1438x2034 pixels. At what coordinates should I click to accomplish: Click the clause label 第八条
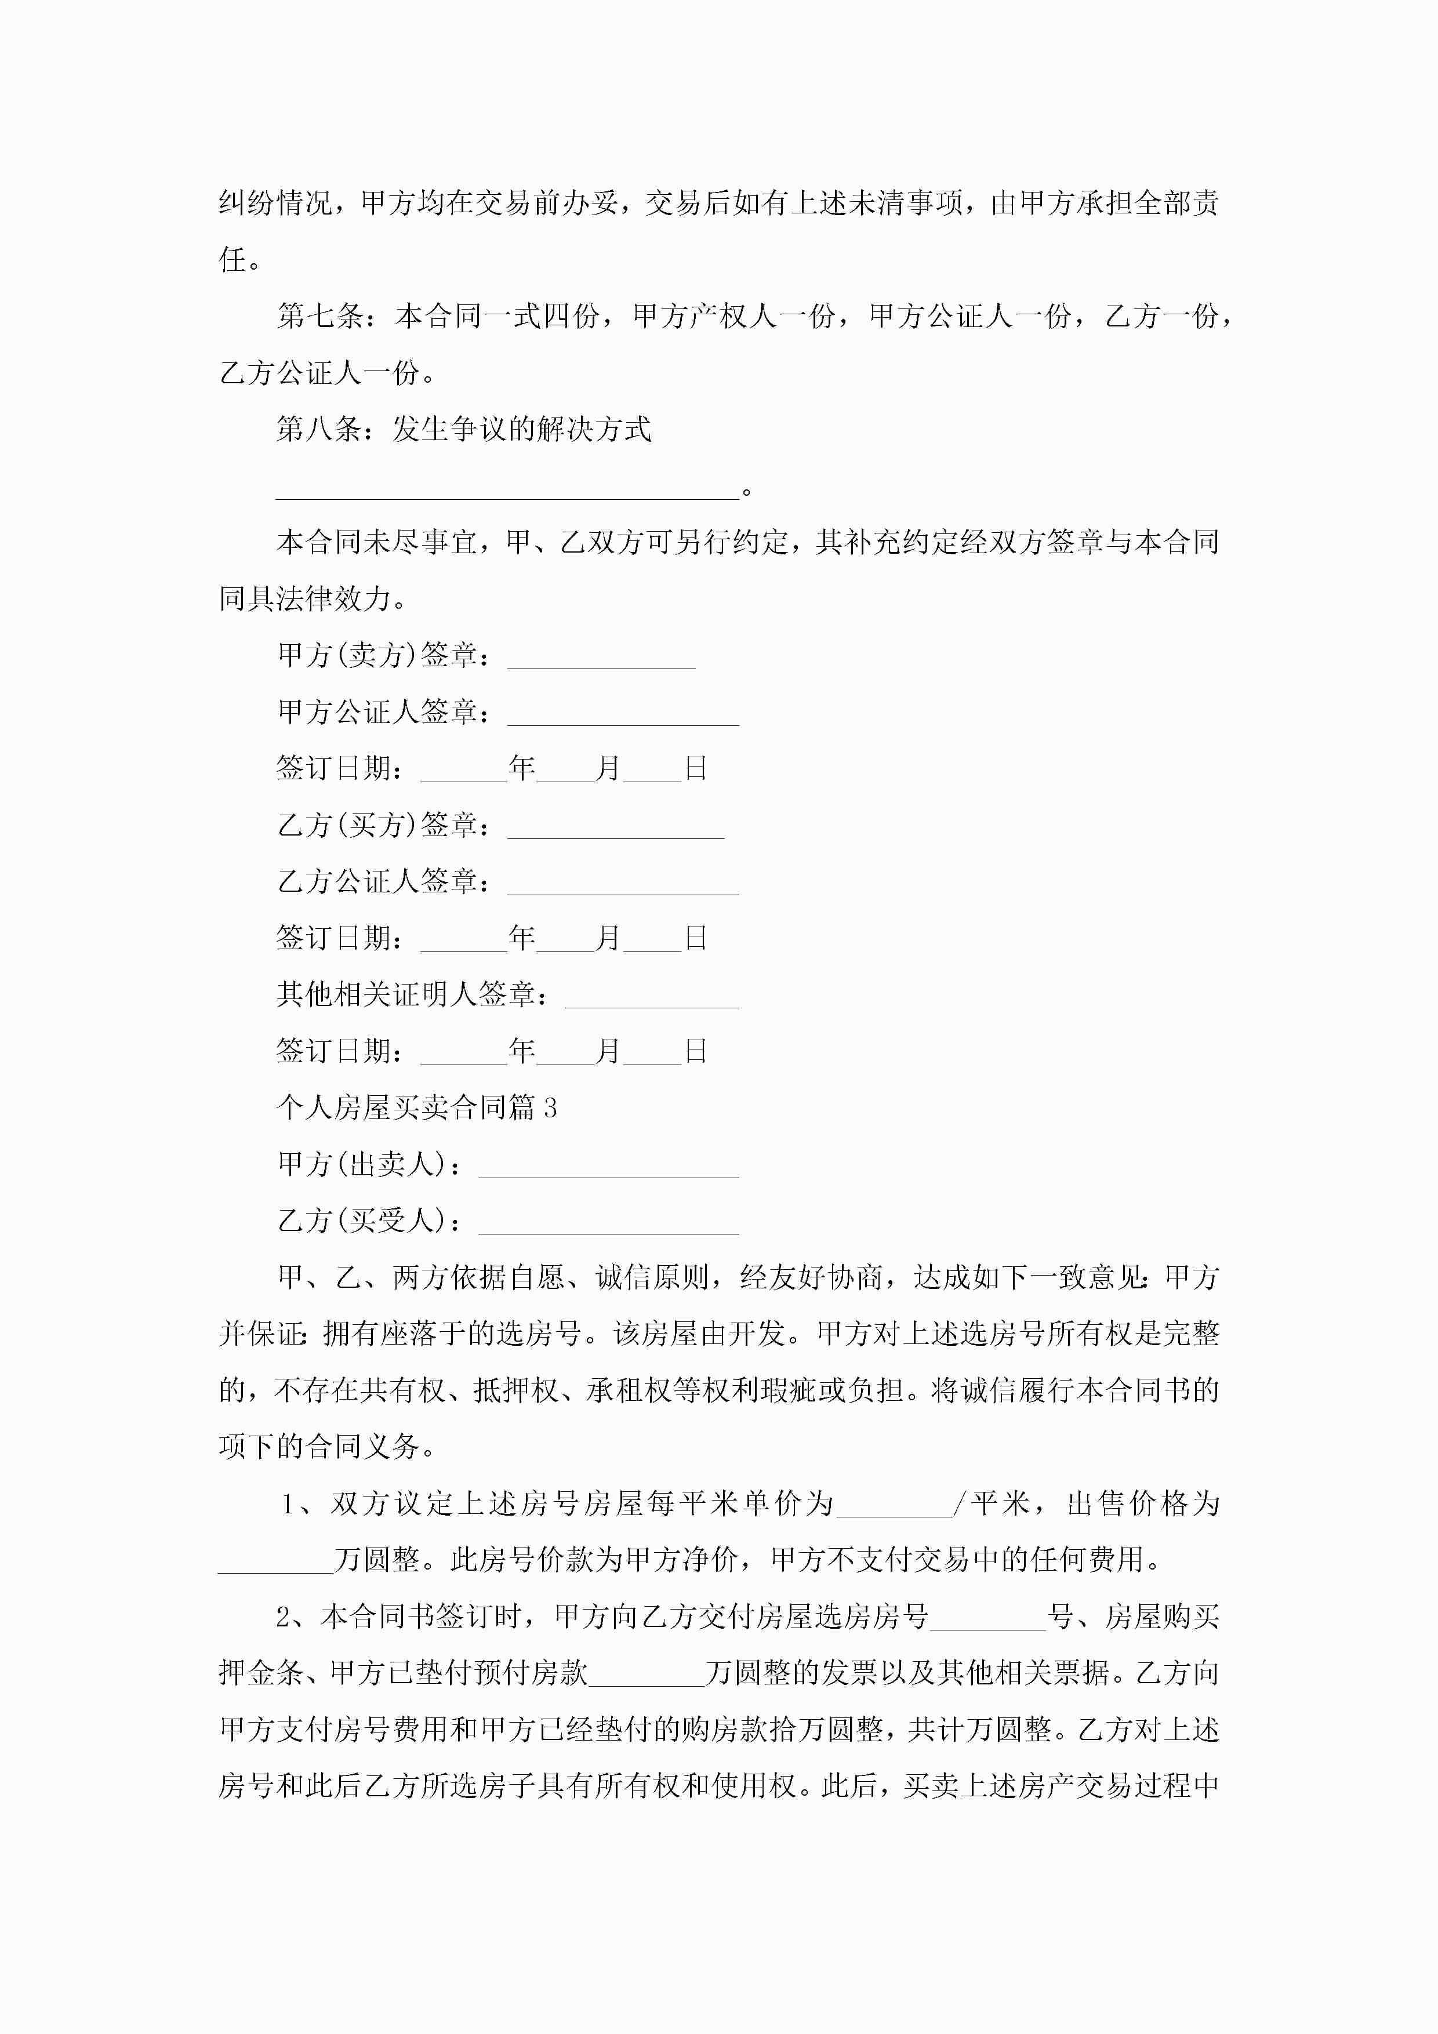pyautogui.click(x=319, y=430)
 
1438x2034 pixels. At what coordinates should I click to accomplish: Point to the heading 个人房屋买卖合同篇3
pyautogui.click(x=416, y=1108)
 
